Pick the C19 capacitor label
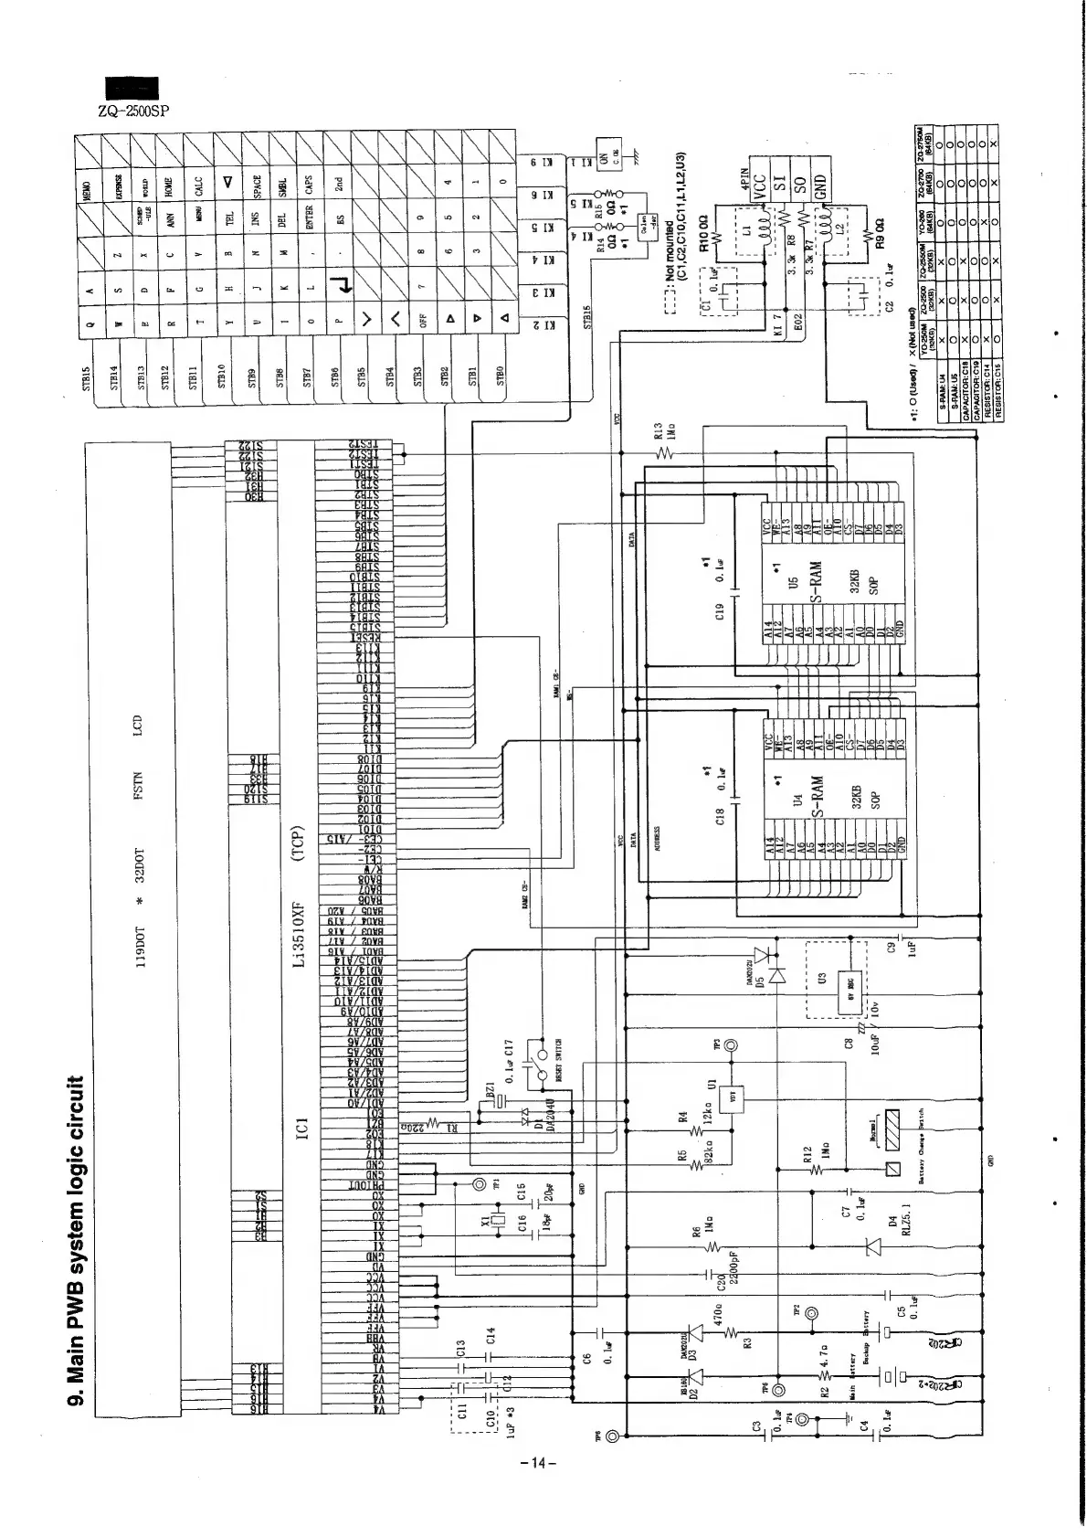(719, 610)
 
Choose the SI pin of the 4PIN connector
(780, 183)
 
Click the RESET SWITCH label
(558, 1060)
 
